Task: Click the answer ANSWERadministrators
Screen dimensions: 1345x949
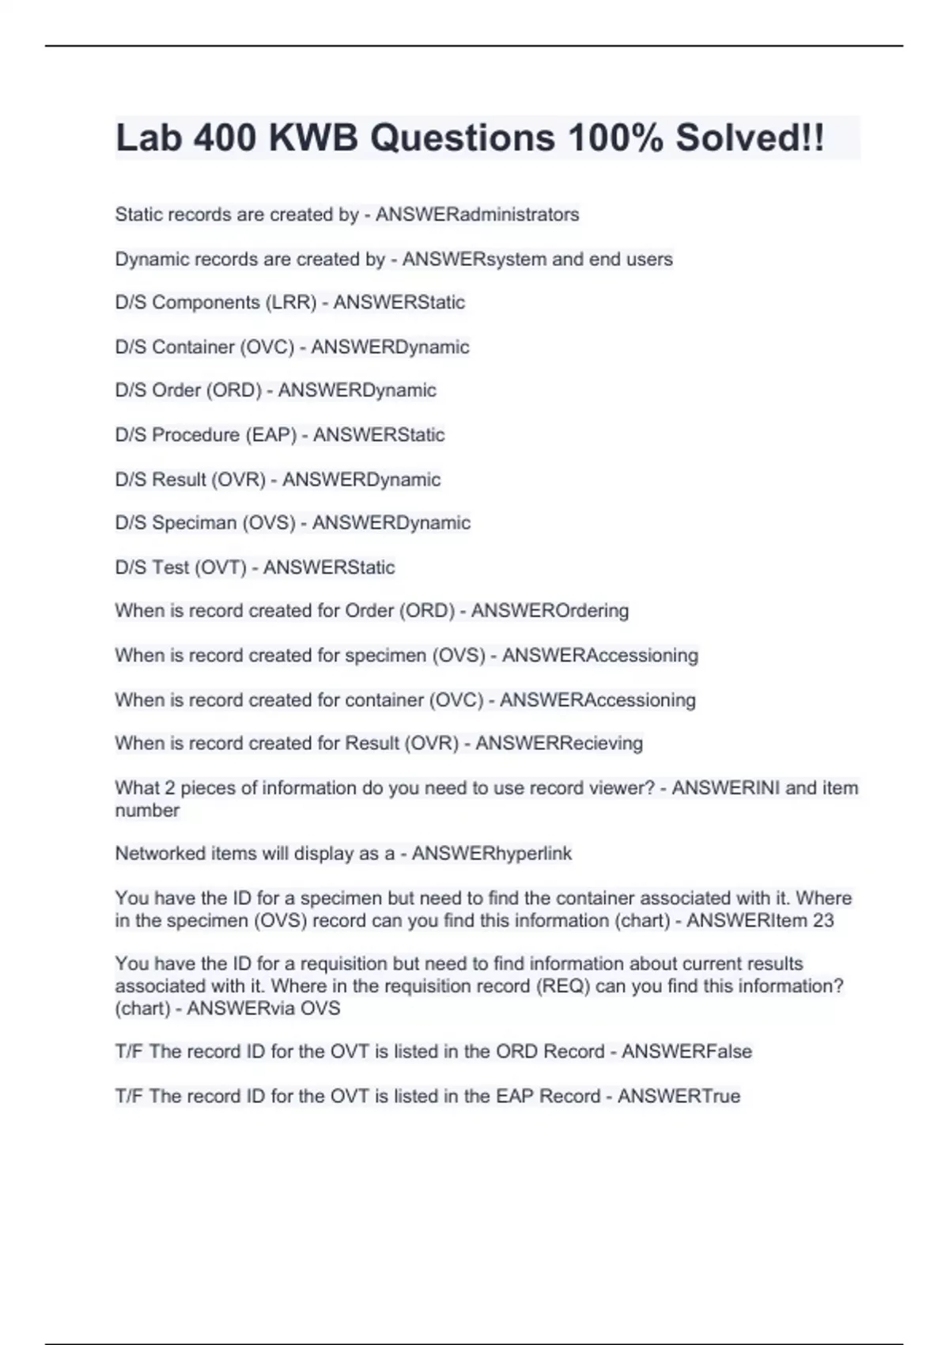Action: click(477, 214)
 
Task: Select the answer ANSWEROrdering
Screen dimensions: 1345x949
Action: click(550, 611)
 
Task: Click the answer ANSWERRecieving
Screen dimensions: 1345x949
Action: click(558, 743)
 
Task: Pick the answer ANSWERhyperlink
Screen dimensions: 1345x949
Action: click(491, 853)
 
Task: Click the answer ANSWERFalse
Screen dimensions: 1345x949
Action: click(686, 1051)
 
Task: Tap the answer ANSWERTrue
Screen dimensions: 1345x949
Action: click(679, 1096)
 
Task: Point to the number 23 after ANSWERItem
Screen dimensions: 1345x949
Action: click(822, 920)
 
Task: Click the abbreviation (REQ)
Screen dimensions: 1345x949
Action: click(562, 986)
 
